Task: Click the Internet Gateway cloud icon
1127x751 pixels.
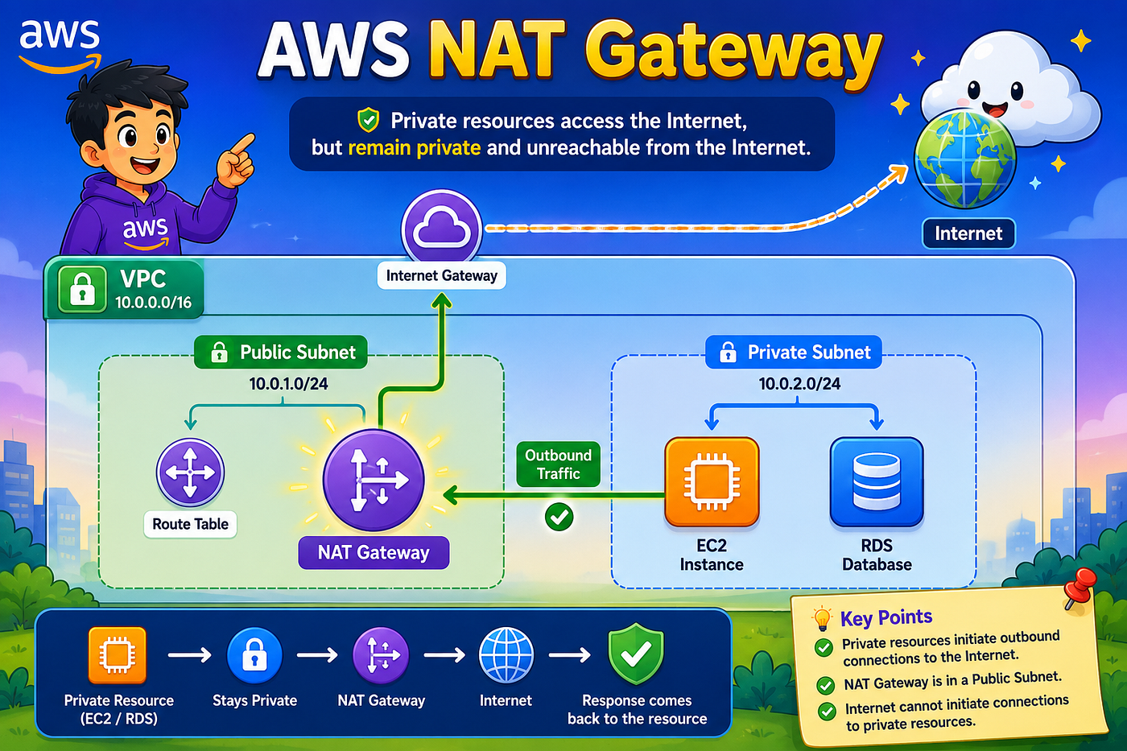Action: pyautogui.click(x=441, y=229)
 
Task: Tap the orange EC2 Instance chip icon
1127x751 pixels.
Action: pyautogui.click(x=712, y=482)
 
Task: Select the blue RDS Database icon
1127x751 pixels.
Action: pyautogui.click(x=877, y=482)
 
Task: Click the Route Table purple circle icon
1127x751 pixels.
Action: pyautogui.click(x=190, y=472)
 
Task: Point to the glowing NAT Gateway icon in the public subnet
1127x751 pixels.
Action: pyautogui.click(x=374, y=480)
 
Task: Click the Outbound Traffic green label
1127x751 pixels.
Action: pyautogui.click(x=559, y=464)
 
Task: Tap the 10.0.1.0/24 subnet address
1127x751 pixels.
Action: pyautogui.click(x=289, y=384)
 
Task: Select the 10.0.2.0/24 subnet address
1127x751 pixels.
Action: pyautogui.click(x=799, y=384)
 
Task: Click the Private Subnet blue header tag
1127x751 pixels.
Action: pyautogui.click(x=794, y=352)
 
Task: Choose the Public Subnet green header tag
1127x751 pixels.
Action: pyautogui.click(x=281, y=352)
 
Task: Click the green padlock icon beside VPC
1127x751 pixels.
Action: pyautogui.click(x=82, y=290)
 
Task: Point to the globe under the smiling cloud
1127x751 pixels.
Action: pyautogui.click(x=965, y=160)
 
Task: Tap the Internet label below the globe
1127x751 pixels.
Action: pyautogui.click(x=968, y=233)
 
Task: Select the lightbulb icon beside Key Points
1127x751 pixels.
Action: pyautogui.click(x=822, y=618)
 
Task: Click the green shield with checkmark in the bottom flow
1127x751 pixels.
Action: pyautogui.click(x=637, y=654)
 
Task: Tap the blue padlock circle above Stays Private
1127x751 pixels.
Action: pyautogui.click(x=254, y=655)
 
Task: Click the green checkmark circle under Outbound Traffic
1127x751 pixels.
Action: pyautogui.click(x=559, y=517)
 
